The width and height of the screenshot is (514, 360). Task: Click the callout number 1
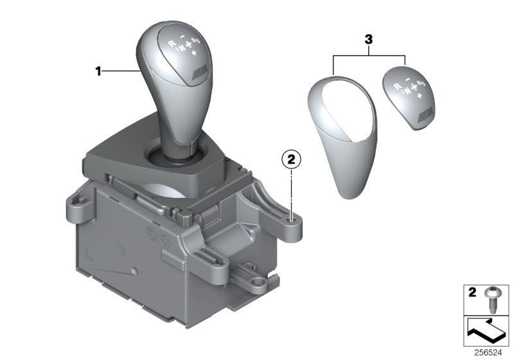pyautogui.click(x=99, y=72)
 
